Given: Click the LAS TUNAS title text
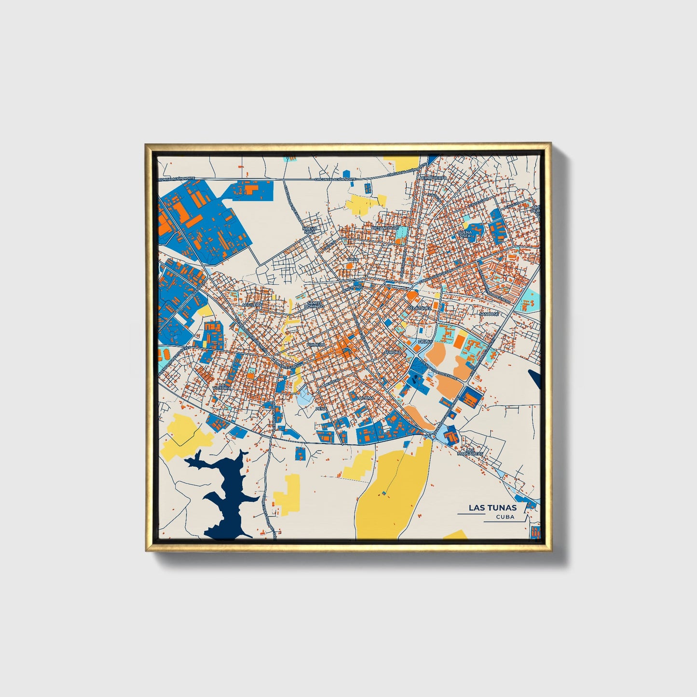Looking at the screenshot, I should coord(492,507).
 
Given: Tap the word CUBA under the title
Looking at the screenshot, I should coord(505,517).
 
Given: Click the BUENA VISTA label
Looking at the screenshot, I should coord(465,234).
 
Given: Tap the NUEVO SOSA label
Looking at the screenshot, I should coord(309,230).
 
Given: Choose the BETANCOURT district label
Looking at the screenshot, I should coord(386,228).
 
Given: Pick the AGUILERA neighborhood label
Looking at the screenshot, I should coord(252,305).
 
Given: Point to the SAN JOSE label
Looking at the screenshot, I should coord(489,314).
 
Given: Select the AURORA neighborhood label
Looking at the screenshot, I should coord(393,353).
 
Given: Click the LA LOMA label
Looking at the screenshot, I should coord(365,398).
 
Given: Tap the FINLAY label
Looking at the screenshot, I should coord(425,341).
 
